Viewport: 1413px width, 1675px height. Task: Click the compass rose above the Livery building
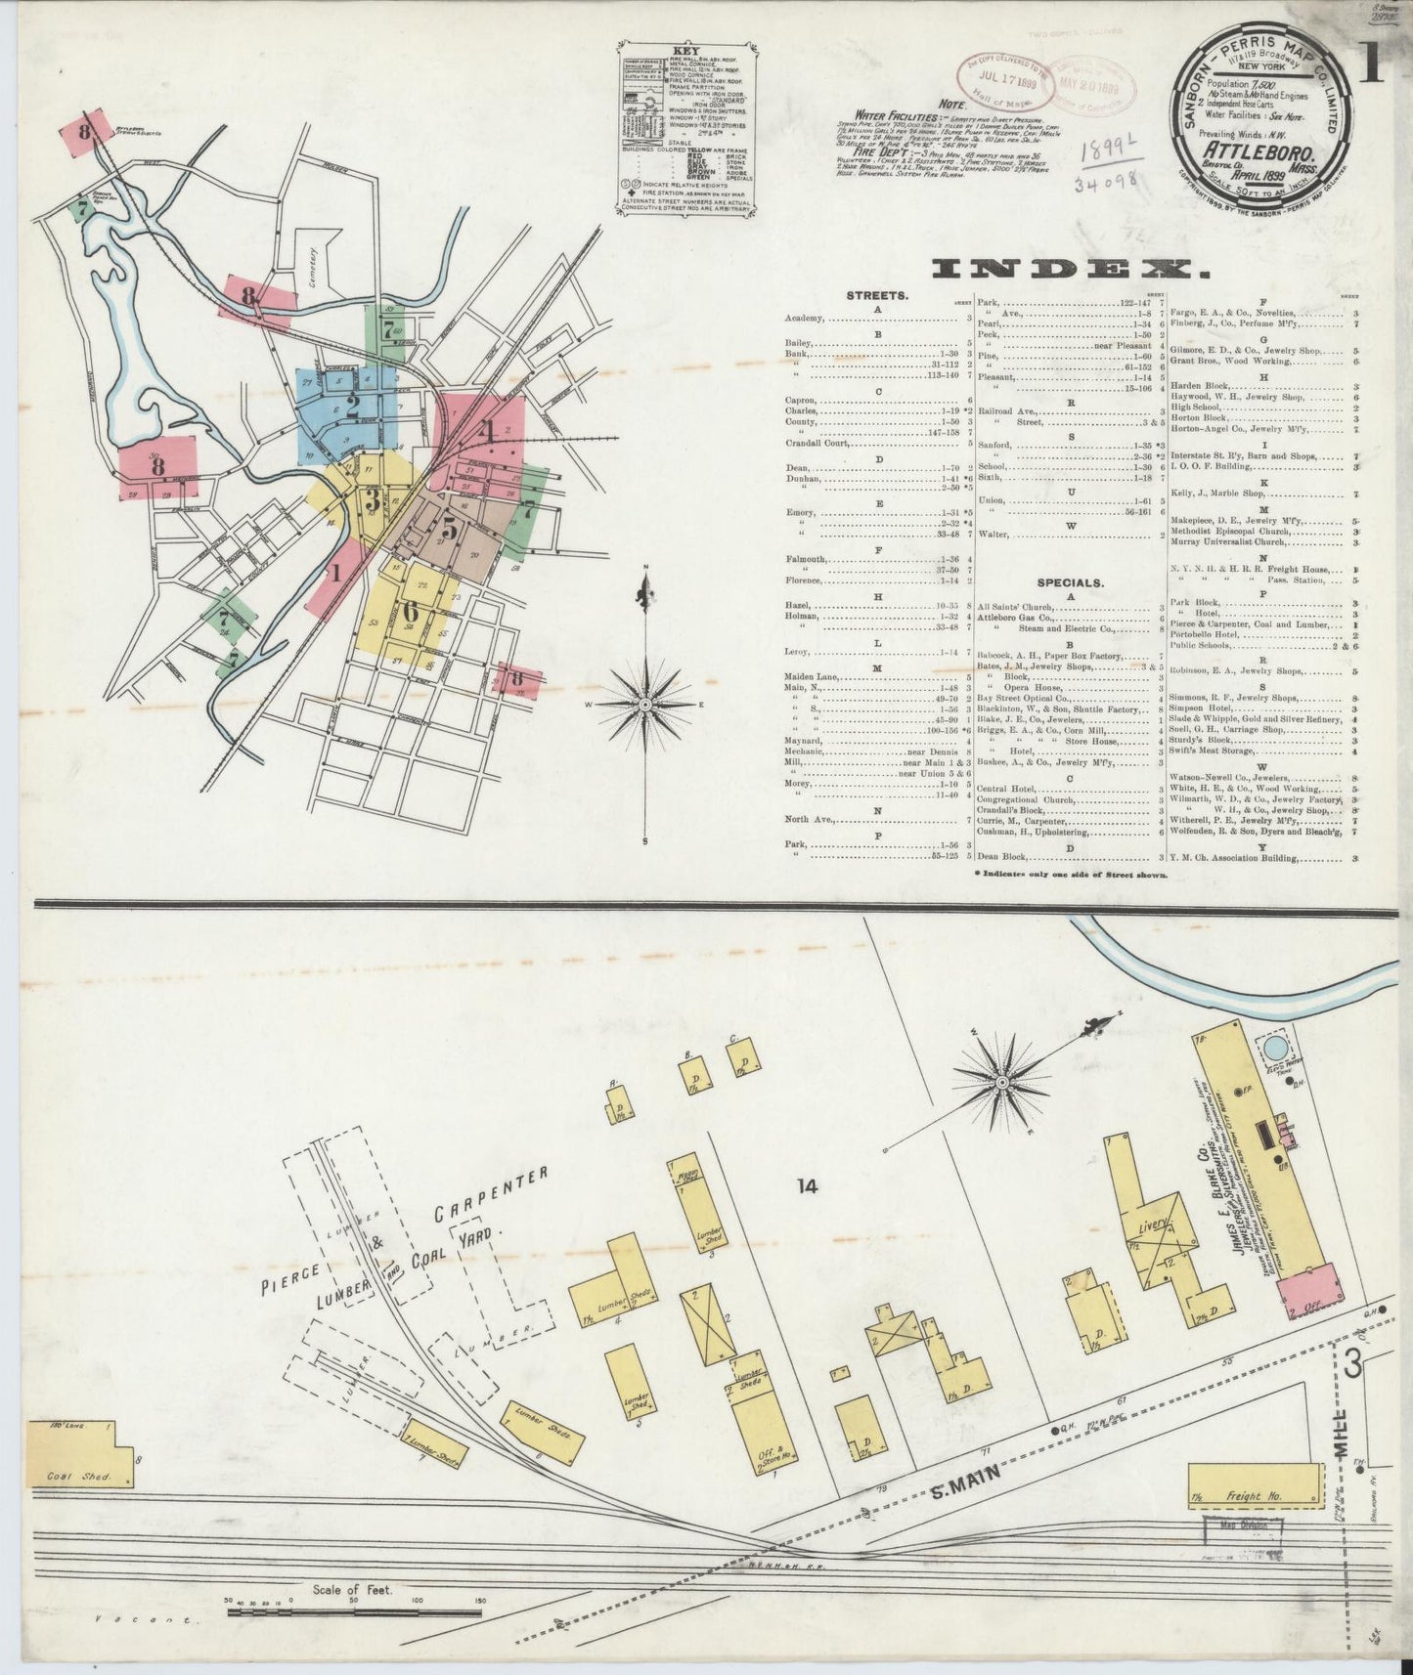coord(1002,1082)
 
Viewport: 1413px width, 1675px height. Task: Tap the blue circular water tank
coord(1275,1049)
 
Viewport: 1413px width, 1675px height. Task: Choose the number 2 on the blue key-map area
coord(352,401)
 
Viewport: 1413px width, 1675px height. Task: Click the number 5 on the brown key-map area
coord(448,527)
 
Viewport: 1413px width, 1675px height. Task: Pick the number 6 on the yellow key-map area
coord(410,611)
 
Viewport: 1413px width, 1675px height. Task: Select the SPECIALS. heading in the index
coord(1071,581)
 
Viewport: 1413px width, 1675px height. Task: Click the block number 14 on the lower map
coord(806,1186)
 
